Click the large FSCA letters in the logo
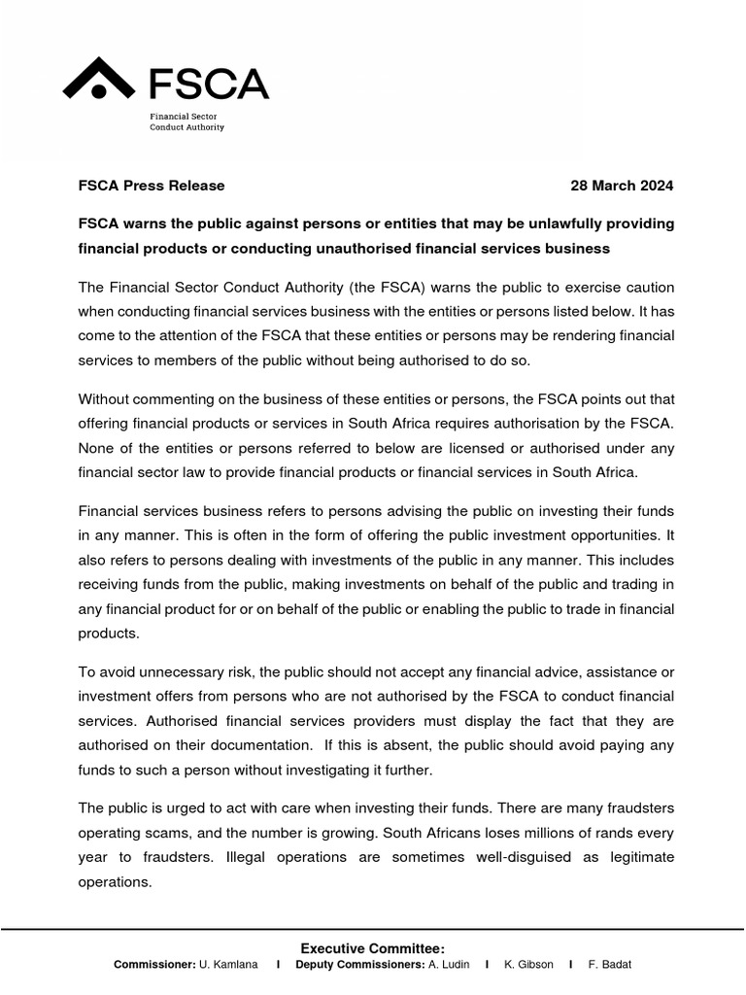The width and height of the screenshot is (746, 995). [x=208, y=83]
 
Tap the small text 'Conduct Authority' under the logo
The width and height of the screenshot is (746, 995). [x=186, y=127]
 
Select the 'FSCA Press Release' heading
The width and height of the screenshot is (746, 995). [x=151, y=186]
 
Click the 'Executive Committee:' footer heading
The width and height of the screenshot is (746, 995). [x=372, y=948]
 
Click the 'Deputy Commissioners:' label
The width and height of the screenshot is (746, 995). [x=359, y=965]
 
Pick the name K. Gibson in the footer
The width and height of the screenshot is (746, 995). [x=528, y=965]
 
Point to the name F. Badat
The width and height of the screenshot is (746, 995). [x=610, y=965]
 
